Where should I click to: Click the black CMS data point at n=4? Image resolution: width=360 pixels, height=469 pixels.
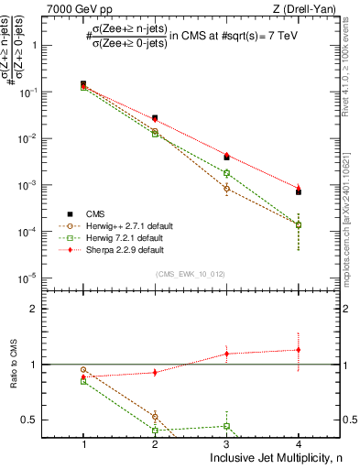click(299, 191)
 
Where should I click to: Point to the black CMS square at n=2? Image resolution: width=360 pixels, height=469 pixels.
click(155, 118)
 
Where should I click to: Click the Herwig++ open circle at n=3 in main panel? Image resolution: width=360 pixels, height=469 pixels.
click(226, 189)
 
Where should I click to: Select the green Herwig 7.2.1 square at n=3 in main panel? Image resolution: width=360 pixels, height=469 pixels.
click(226, 172)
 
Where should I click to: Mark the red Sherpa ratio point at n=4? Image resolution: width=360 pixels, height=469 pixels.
click(299, 349)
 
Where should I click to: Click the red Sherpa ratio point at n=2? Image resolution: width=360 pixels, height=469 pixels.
click(155, 372)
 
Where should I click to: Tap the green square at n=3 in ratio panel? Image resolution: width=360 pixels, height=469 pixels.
click(226, 426)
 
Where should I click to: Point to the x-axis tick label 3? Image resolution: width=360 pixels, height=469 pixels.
click(226, 443)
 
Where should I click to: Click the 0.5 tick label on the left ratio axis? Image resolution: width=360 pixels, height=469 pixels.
click(53, 420)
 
